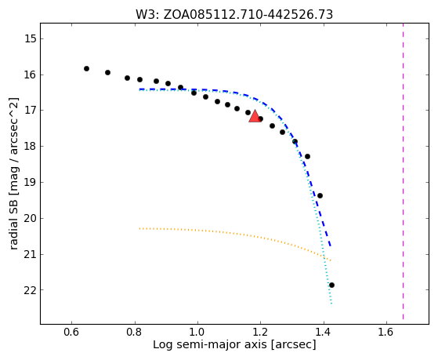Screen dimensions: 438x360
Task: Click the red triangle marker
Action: (255, 116)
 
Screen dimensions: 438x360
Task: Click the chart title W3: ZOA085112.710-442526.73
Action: (234, 15)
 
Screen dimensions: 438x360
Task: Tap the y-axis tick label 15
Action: (31, 38)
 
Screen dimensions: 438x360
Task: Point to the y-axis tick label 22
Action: (31, 290)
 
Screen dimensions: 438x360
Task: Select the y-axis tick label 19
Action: (31, 183)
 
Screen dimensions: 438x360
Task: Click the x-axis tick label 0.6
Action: (71, 332)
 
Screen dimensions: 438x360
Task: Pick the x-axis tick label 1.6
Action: (386, 332)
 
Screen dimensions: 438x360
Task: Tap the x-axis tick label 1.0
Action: (197, 332)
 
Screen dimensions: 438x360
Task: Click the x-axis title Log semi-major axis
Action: (210, 344)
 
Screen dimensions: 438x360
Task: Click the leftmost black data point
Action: (87, 68)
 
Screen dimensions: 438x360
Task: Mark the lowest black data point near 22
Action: (331, 285)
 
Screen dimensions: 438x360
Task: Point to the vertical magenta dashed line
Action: (403, 171)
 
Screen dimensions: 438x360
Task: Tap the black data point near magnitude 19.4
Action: (320, 195)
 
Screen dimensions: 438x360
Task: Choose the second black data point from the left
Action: (107, 72)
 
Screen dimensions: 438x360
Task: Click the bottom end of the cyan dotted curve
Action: (331, 304)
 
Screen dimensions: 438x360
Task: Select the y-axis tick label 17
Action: (31, 111)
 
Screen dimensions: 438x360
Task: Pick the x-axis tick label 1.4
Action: (324, 332)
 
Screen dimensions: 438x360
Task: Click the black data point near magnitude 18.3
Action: (308, 156)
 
